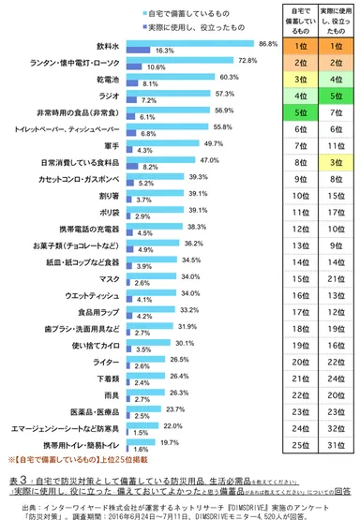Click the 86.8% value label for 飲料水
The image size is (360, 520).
(x=269, y=43)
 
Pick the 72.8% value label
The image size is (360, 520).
(x=247, y=61)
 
